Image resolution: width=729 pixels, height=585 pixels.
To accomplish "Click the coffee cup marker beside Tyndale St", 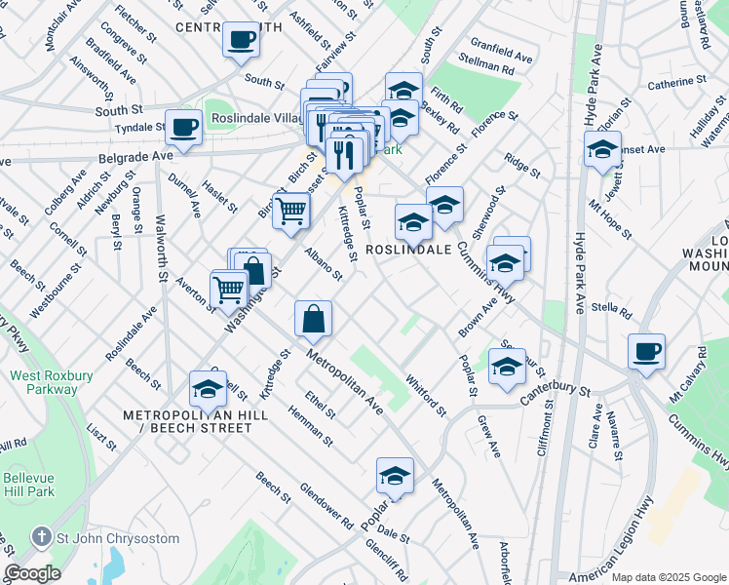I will coord(183,127).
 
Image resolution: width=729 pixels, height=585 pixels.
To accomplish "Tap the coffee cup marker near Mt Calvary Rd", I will coord(646,351).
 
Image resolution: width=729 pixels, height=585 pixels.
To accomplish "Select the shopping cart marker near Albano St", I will coord(290,210).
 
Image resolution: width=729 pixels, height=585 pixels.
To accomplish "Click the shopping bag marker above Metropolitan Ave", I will coord(314,318).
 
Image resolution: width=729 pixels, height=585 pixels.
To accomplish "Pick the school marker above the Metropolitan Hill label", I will coord(208,388).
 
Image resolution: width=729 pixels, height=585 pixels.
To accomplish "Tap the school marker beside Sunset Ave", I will coord(602,149).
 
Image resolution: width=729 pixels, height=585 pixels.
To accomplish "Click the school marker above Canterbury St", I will coord(507,367).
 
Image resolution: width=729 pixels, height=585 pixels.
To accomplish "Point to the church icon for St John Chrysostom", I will coord(41,536).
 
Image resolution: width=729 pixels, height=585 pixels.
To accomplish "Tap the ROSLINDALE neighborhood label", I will coord(409,250).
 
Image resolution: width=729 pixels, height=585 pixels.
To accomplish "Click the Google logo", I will coord(31,573).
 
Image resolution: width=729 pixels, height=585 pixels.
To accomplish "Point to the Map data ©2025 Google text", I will coord(668,577).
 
